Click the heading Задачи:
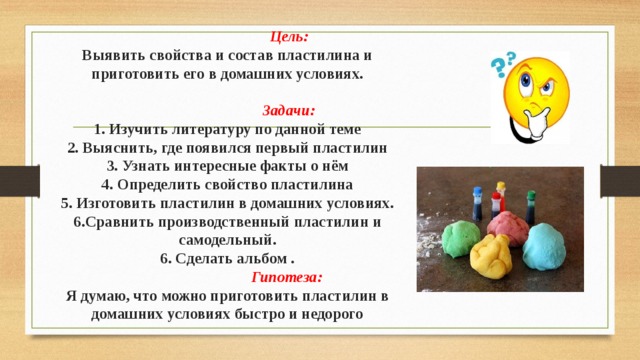click(288, 111)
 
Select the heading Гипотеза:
click(286, 278)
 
